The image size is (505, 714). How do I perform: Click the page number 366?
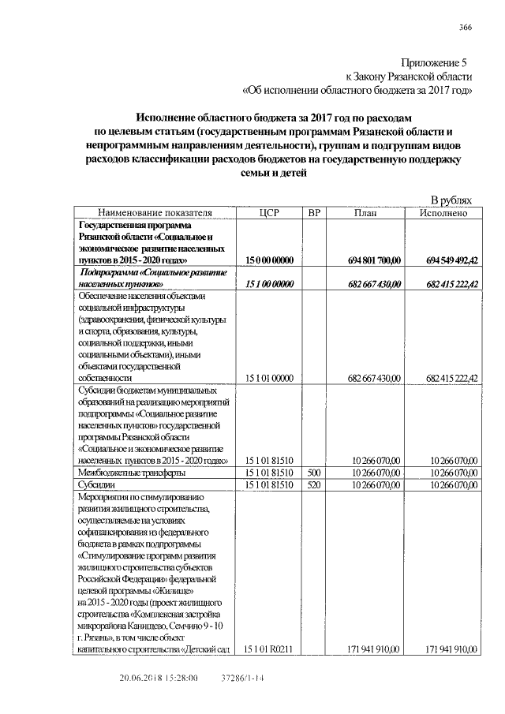(x=466, y=28)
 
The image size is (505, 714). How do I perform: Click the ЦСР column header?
(x=270, y=213)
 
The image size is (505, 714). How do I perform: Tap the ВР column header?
(x=313, y=213)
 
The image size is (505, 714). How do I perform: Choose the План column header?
(x=365, y=213)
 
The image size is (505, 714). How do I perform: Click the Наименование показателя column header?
(x=155, y=213)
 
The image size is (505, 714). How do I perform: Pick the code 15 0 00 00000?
(x=270, y=260)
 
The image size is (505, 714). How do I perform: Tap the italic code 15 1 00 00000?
(x=270, y=283)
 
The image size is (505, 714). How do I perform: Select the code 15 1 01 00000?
(x=270, y=378)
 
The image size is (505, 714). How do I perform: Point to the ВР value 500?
(x=313, y=473)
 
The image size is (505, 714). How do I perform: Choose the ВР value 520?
(x=313, y=484)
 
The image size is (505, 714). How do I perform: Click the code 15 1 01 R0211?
(x=270, y=649)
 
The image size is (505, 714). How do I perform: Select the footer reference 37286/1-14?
(x=241, y=677)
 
